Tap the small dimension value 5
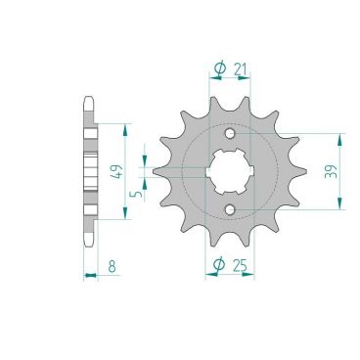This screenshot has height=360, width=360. click(136, 194)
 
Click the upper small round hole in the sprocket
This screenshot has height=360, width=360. click(229, 135)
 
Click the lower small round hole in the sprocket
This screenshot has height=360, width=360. click(229, 209)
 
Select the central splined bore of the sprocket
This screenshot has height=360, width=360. click(229, 172)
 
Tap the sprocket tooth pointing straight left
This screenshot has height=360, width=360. click(156, 172)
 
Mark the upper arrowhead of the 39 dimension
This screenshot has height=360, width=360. click(338, 136)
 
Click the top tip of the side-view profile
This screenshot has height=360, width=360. click(90, 100)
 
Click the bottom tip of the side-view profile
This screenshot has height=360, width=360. click(90, 245)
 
